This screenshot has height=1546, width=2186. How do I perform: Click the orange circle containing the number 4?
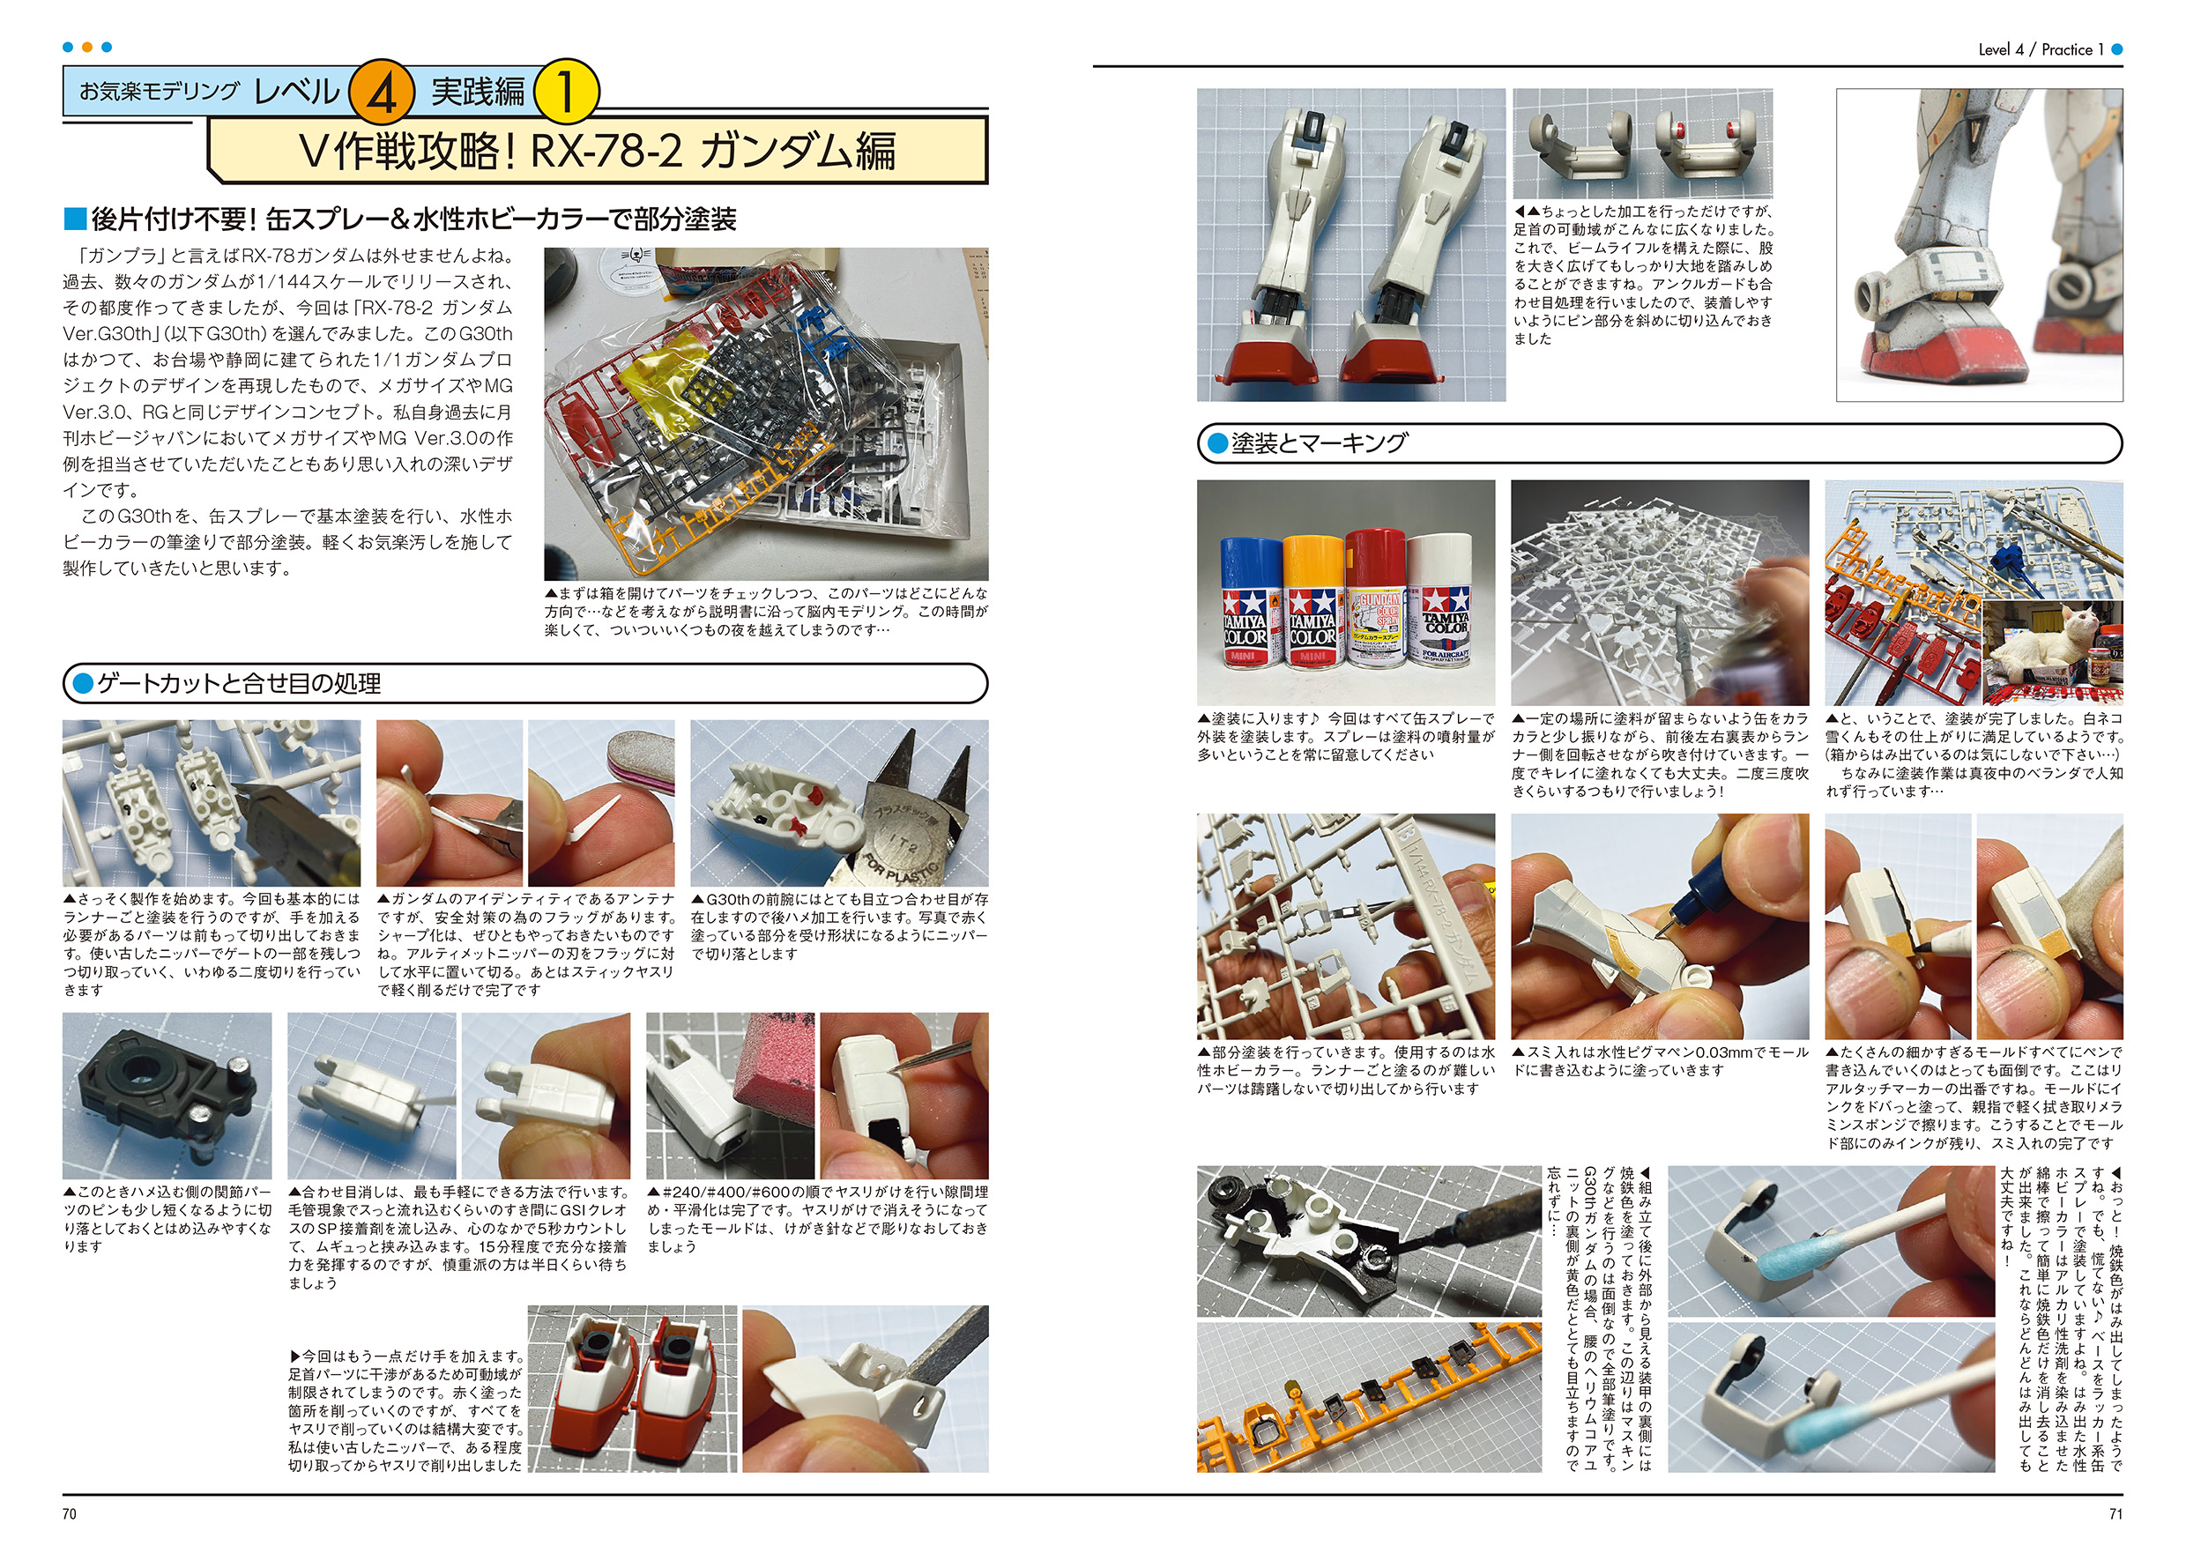(x=382, y=93)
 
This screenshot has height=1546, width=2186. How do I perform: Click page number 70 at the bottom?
(x=70, y=1513)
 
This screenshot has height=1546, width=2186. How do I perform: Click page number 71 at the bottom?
(x=2115, y=1513)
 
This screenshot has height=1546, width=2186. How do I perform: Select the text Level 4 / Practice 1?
(x=2041, y=49)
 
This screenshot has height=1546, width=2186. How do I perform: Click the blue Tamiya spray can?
(x=1251, y=602)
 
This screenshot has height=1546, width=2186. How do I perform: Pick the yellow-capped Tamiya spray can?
(x=1313, y=599)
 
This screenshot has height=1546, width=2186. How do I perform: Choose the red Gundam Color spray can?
(x=1377, y=597)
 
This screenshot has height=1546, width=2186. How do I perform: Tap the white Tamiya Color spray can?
(x=1440, y=598)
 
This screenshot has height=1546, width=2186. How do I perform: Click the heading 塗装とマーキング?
(x=1319, y=443)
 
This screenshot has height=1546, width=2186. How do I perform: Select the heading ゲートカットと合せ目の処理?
(x=239, y=683)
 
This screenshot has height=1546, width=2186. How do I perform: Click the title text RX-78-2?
(x=606, y=151)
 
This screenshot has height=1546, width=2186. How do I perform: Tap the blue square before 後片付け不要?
(x=74, y=219)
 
